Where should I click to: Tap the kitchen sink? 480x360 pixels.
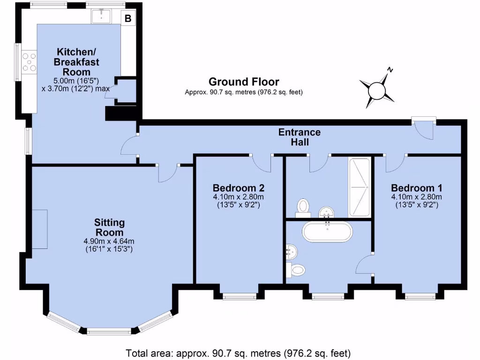pos(101,17)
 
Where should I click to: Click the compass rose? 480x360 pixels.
pos(377,89)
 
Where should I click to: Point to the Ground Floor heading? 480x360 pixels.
pos(244,82)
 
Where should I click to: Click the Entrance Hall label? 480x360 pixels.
pos(300,137)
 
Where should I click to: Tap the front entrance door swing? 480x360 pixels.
pos(425,130)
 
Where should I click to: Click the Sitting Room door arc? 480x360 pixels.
pos(167,173)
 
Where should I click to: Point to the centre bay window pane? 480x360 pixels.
pos(109,332)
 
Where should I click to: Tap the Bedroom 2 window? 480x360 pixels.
pos(239,296)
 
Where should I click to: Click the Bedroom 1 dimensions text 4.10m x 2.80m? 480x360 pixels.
pos(417,197)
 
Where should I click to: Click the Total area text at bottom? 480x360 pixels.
pos(239,352)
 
